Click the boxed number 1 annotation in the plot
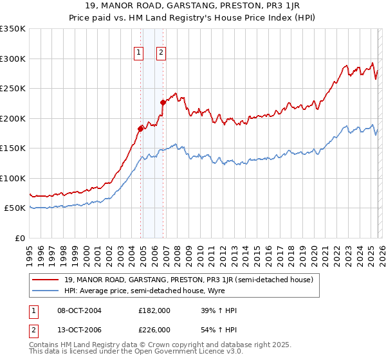(x=139, y=53)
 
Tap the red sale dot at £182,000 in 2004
(x=140, y=129)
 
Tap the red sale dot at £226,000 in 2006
(x=163, y=102)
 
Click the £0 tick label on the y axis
(x=19, y=238)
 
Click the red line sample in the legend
(x=46, y=280)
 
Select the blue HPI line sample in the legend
(x=46, y=290)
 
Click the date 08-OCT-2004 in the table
(x=80, y=310)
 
